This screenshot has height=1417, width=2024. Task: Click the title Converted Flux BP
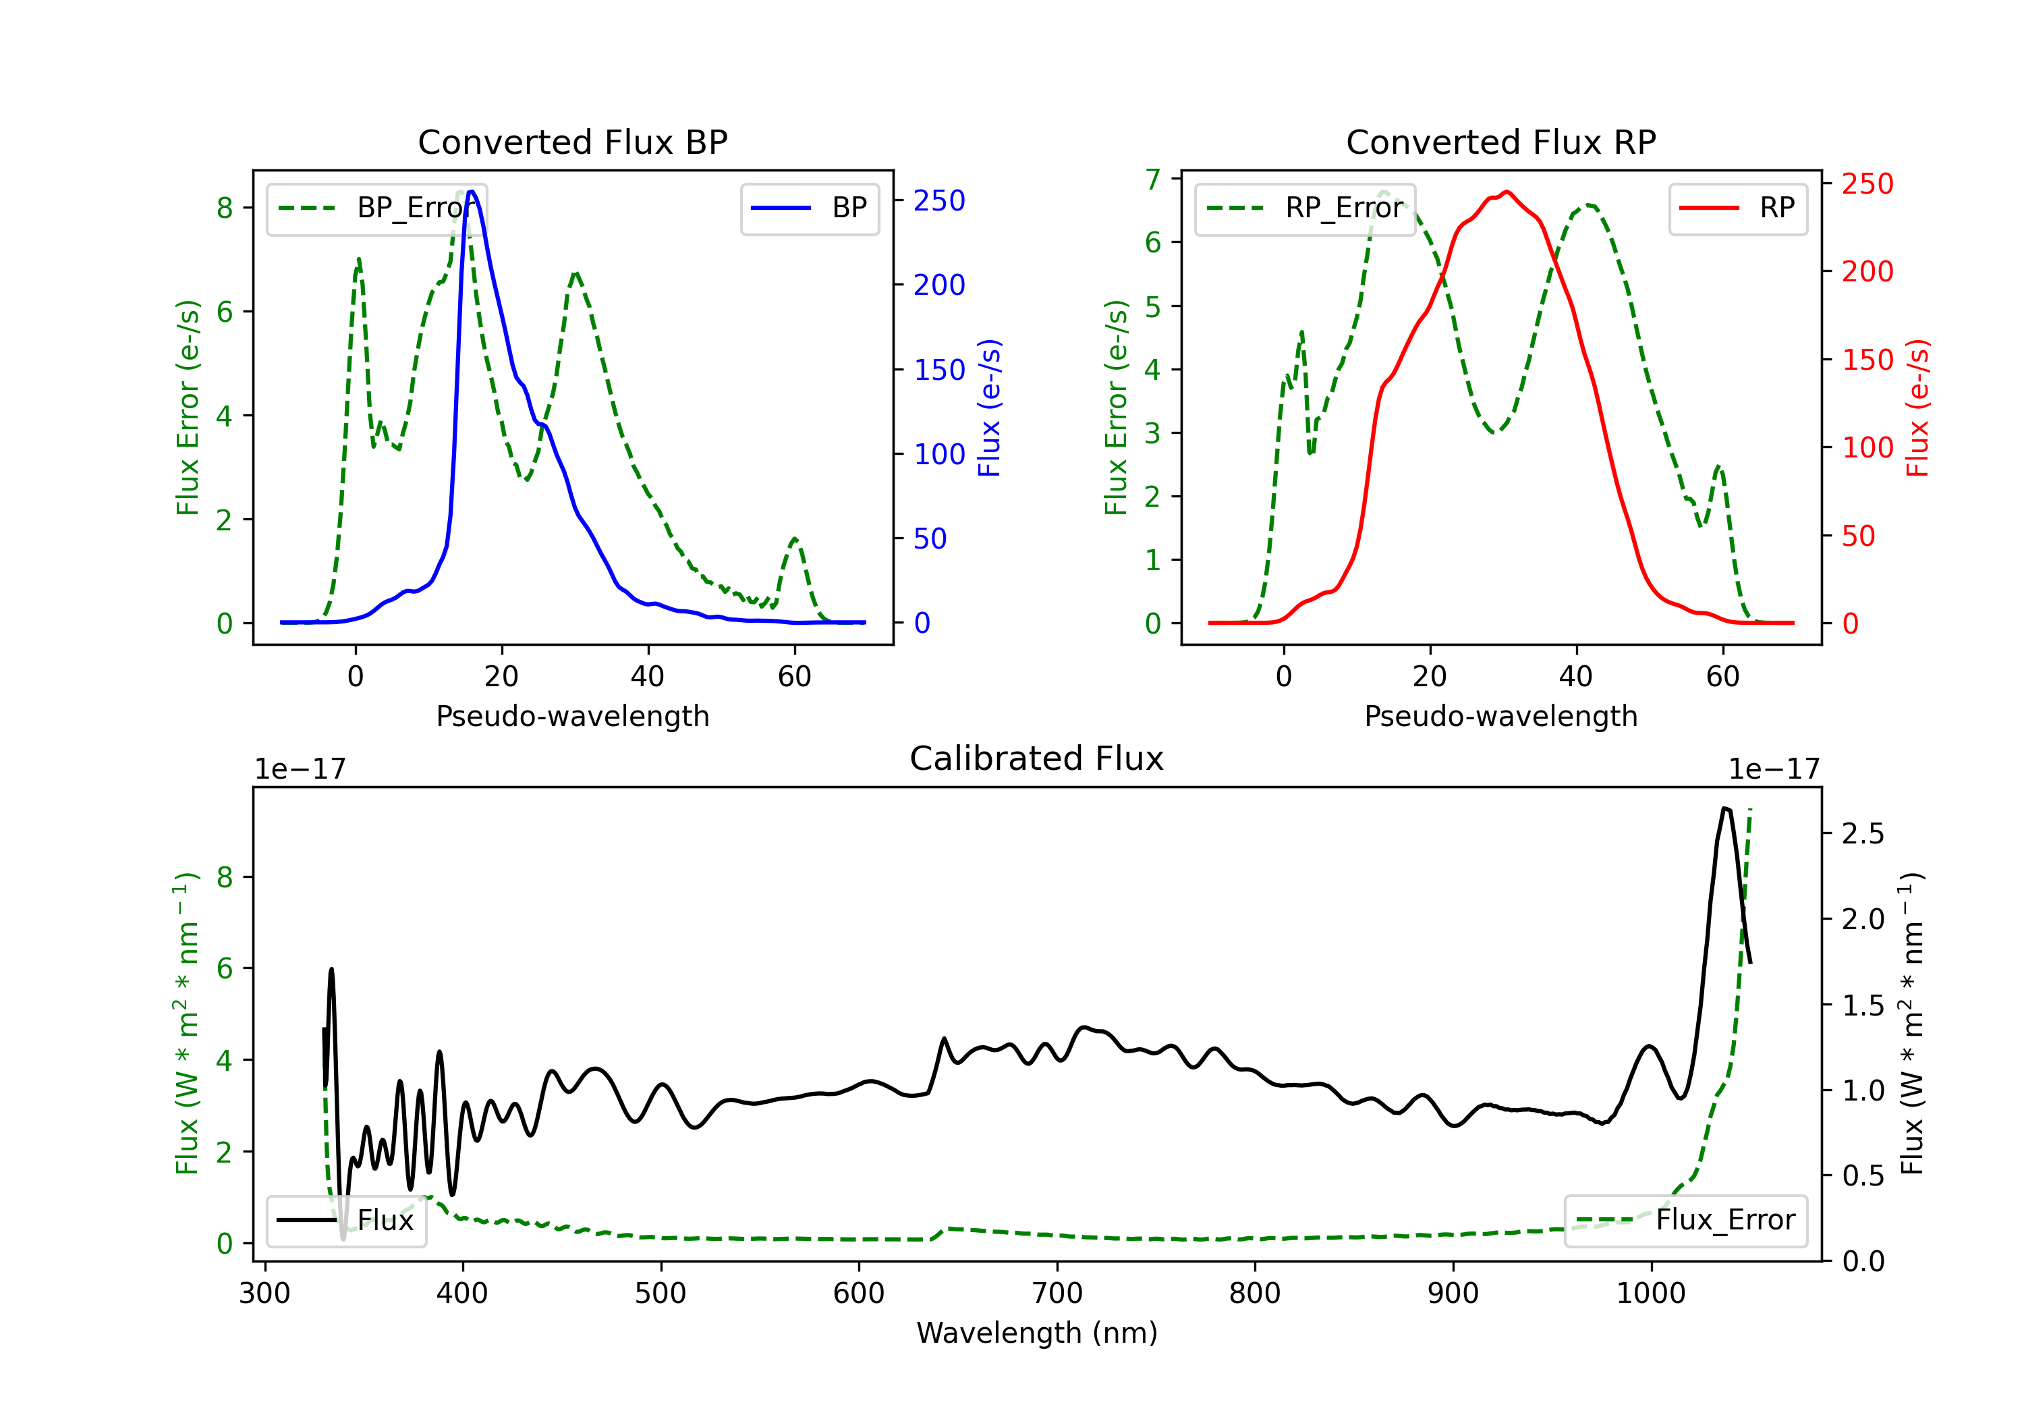click(x=572, y=142)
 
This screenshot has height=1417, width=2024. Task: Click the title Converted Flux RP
click(x=1500, y=142)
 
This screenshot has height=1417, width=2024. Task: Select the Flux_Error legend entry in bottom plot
click(x=1685, y=1221)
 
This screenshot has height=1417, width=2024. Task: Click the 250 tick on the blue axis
click(x=939, y=201)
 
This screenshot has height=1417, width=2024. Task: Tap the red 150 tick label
click(x=1867, y=360)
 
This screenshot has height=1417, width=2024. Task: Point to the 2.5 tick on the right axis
click(x=1863, y=834)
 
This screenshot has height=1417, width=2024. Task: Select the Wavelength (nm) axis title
click(x=1037, y=1333)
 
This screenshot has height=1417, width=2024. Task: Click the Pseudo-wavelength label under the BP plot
click(x=572, y=716)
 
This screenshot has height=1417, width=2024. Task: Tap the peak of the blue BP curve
click(x=472, y=192)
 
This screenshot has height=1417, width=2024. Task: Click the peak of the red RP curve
click(x=1507, y=192)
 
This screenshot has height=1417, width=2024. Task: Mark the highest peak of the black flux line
click(x=1725, y=808)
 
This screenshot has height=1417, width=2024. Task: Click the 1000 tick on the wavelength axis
click(x=1650, y=1294)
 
